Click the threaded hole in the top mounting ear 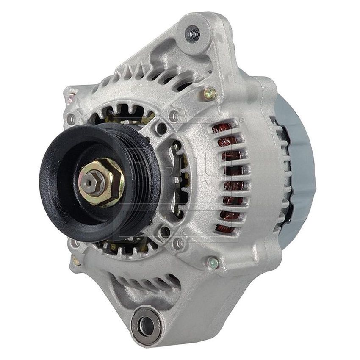(x=192, y=33)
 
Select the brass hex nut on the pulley (x=102, y=182)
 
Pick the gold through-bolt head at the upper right (x=209, y=94)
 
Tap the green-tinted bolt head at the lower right (x=213, y=263)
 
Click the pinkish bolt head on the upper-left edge (x=71, y=99)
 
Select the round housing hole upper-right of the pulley (x=161, y=127)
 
